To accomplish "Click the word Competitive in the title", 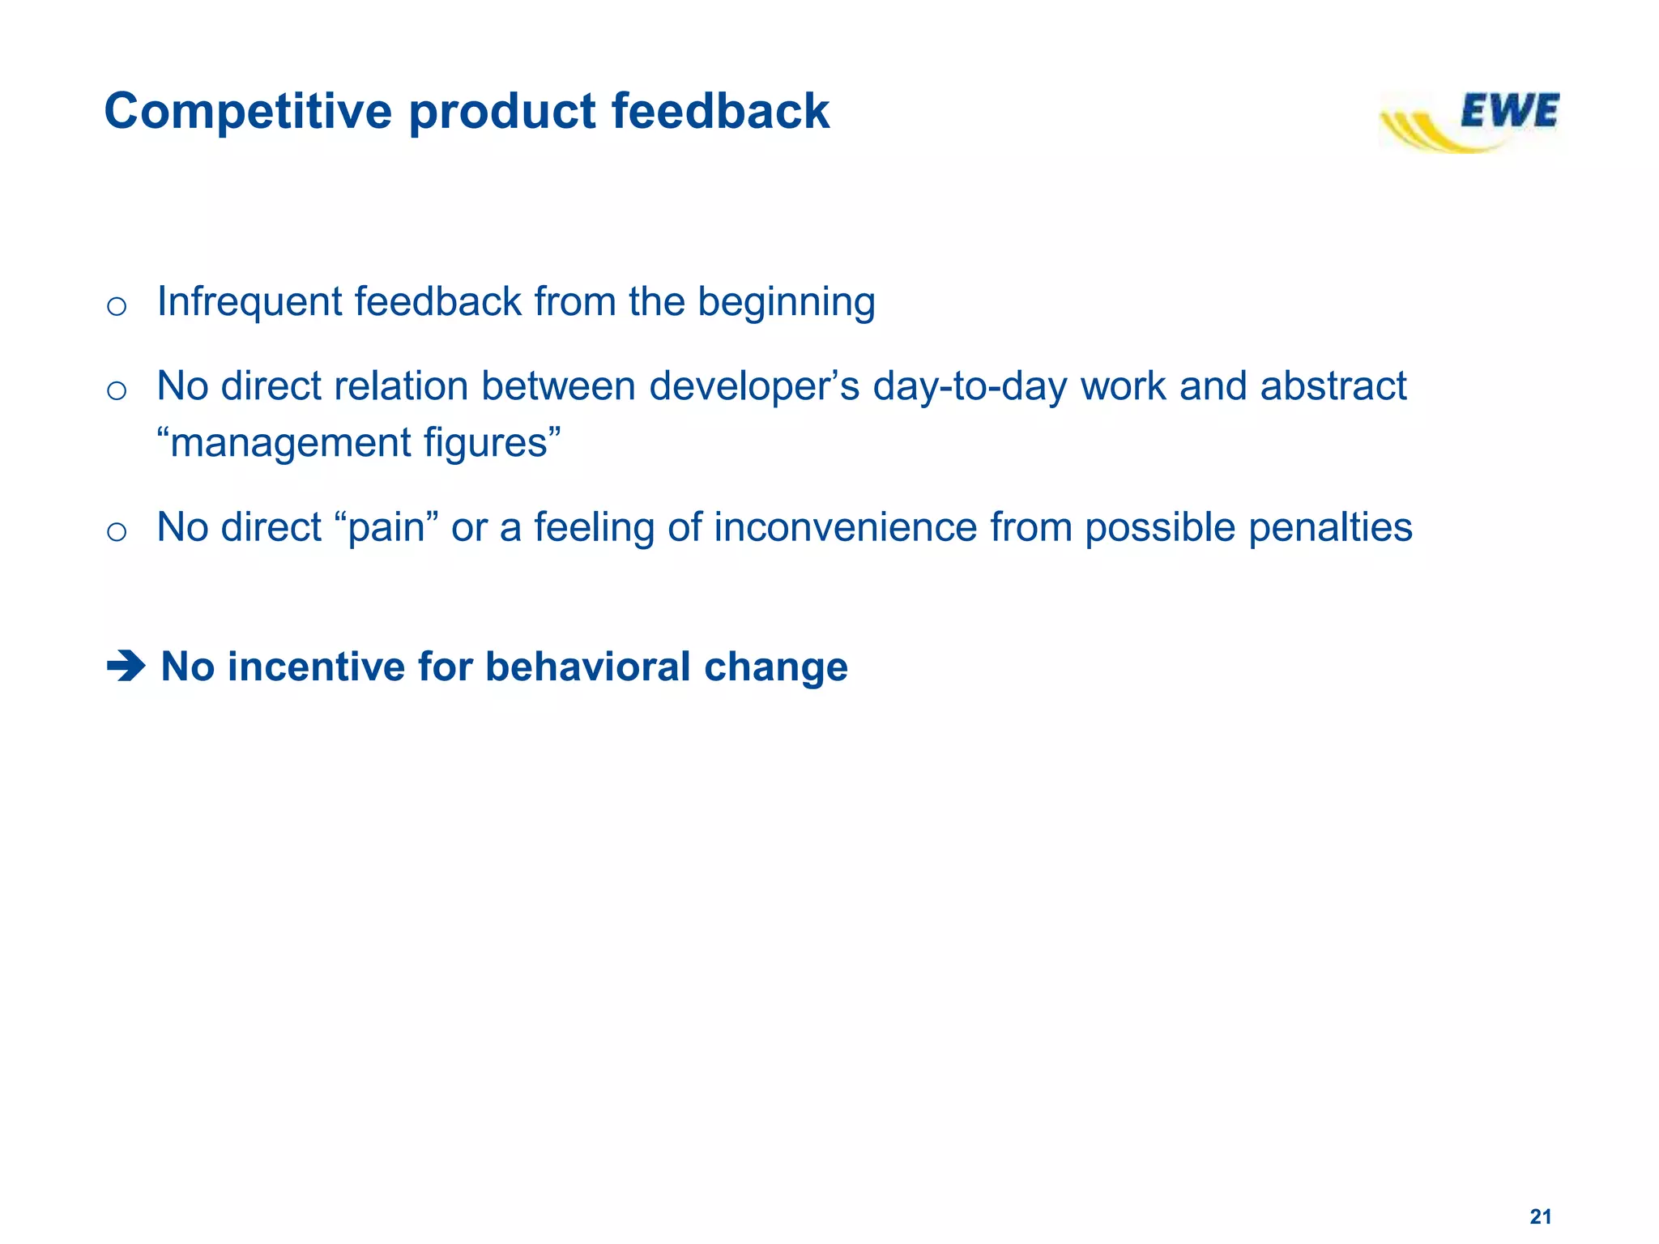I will [x=248, y=111].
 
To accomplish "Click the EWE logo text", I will [x=1509, y=111].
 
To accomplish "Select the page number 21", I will [x=1540, y=1216].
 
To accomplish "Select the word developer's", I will [x=753, y=387].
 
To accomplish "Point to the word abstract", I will [x=1333, y=386].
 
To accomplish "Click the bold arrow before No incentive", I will [x=126, y=667].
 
